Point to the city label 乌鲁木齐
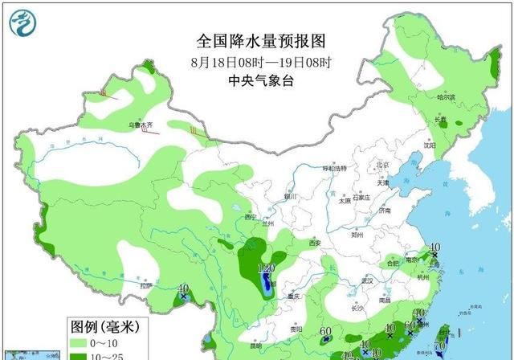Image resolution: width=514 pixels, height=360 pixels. pyautogui.click(x=141, y=125)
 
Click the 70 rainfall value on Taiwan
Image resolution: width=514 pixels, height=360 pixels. pyautogui.click(x=439, y=345)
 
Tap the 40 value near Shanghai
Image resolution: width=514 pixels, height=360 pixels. pyautogui.click(x=434, y=247)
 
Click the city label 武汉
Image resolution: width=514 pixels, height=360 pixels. pyautogui.click(x=368, y=280)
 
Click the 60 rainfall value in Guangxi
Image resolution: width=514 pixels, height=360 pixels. pyautogui.click(x=325, y=331)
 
